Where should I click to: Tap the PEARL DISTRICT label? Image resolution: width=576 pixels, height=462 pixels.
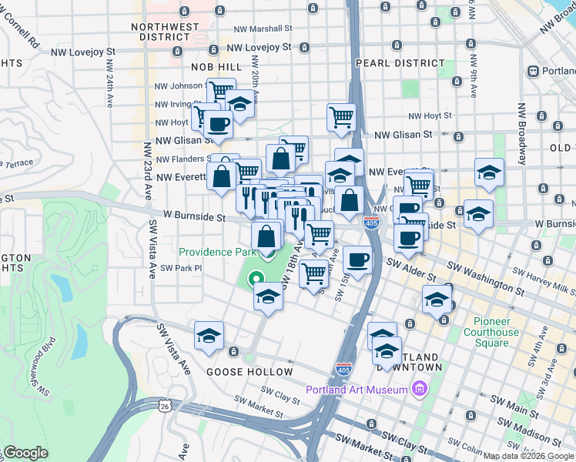coord(400,63)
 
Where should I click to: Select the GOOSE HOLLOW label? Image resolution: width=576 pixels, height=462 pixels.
coord(249,372)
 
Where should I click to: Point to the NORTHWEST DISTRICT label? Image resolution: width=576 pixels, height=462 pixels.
coord(165,32)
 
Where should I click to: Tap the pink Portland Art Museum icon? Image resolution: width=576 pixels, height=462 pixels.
coord(420,389)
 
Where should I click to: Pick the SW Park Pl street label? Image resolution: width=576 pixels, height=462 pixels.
coord(181,268)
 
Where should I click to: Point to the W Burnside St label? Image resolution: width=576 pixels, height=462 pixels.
coord(193,218)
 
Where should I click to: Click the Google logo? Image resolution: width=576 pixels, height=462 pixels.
coord(25,453)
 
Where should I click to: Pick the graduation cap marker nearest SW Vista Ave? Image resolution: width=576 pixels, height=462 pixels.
coord(209,336)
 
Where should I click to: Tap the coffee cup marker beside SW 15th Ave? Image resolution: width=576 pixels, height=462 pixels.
coord(357,259)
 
